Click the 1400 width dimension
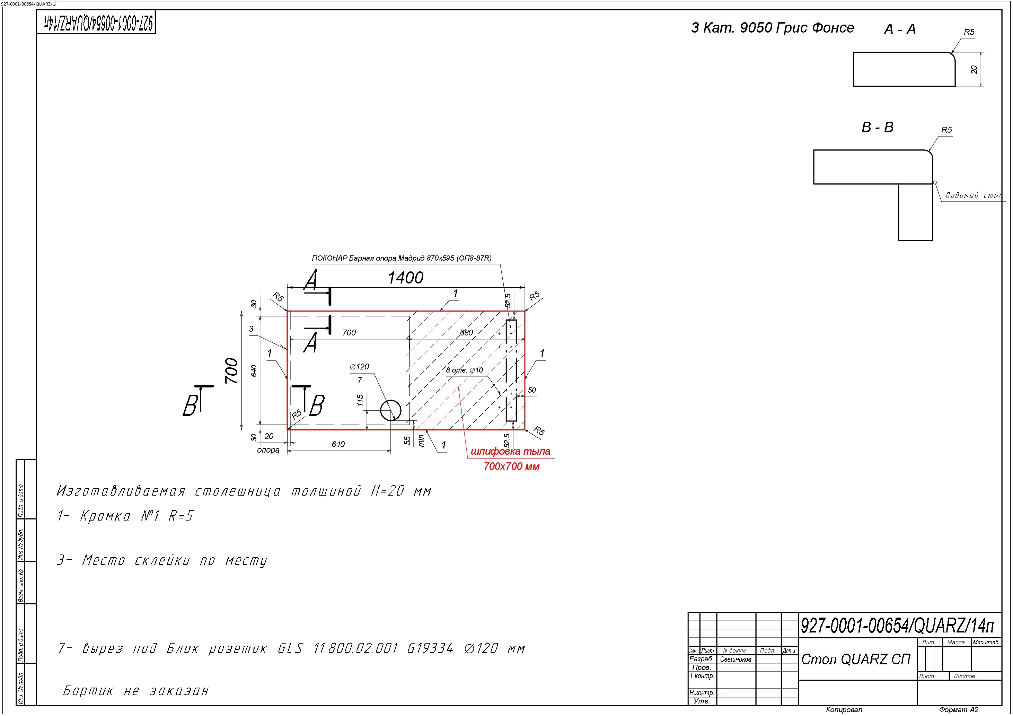(x=405, y=278)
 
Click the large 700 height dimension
(x=232, y=371)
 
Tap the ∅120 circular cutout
(x=390, y=411)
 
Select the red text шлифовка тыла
(x=510, y=451)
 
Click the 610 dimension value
(x=338, y=444)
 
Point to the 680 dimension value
(x=466, y=332)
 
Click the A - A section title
(x=900, y=29)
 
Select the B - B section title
(x=878, y=127)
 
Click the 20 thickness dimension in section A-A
(x=974, y=69)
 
